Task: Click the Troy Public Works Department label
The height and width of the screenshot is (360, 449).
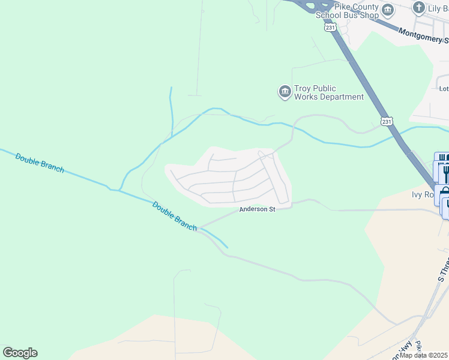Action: coord(328,92)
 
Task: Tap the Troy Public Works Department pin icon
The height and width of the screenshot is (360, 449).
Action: coord(284,92)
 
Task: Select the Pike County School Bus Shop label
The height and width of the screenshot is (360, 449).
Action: coord(348,10)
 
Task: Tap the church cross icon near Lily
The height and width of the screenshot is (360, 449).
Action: coord(418,8)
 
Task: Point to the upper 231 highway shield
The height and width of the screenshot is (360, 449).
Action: coord(330,28)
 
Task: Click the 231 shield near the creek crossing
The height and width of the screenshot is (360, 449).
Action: coord(387,121)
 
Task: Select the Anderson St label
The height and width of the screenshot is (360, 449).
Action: coord(257,209)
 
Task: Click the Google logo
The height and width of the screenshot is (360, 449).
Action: coord(20,353)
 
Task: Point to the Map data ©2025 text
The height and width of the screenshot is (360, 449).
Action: coord(424,355)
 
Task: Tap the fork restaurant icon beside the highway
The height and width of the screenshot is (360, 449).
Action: coord(445,173)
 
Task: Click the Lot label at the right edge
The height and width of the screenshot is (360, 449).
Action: coord(444,89)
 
